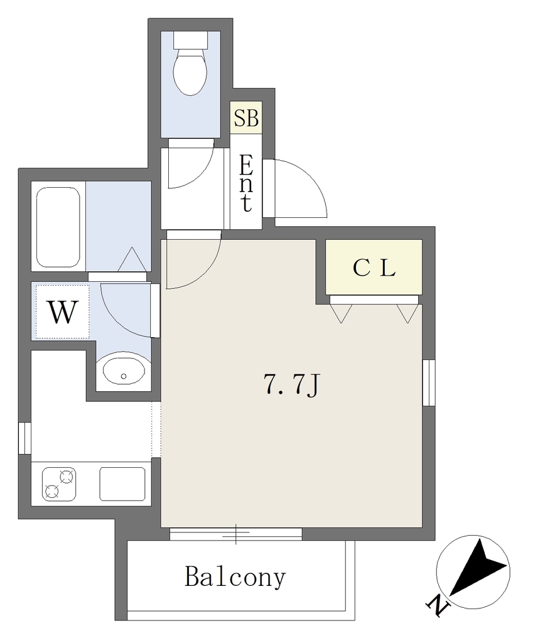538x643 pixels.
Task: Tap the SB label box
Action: [x=246, y=117]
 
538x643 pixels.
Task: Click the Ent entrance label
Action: [x=245, y=183]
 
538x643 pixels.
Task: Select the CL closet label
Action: [x=374, y=268]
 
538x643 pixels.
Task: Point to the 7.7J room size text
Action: [x=291, y=386]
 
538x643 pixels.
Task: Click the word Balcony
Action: [x=235, y=578]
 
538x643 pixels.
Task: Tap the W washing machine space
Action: [x=62, y=312]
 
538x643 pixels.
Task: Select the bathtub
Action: [x=58, y=227]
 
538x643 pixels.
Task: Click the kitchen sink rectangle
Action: [x=122, y=484]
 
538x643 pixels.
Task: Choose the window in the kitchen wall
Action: [x=24, y=438]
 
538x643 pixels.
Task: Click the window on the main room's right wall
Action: [x=429, y=382]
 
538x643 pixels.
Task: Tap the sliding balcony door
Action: [x=236, y=534]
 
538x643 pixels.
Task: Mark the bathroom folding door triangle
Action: [x=132, y=259]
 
